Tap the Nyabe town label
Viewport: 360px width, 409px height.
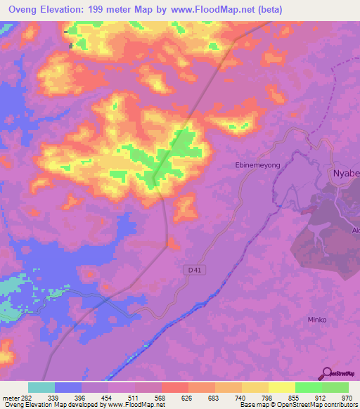345,173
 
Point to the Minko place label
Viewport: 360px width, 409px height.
318,320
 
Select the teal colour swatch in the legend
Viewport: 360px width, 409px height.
41,387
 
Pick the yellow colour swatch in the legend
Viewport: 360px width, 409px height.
281,387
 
